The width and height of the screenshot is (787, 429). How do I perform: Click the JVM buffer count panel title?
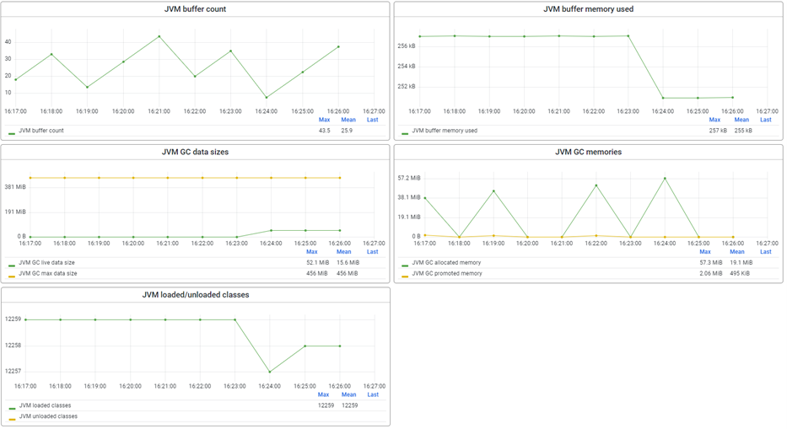195,9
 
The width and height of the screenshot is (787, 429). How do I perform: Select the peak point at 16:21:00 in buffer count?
159,36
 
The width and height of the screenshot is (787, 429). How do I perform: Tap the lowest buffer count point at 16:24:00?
267,98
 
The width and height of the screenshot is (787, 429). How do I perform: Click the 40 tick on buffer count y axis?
8,41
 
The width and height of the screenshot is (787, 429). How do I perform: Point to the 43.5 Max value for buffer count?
324,131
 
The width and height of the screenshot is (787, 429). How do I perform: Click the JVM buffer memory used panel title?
588,9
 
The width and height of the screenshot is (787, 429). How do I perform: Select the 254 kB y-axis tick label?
407,66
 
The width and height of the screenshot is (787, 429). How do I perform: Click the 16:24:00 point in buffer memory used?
663,98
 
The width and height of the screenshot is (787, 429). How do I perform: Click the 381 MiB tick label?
14,187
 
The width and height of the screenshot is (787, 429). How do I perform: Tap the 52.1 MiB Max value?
317,263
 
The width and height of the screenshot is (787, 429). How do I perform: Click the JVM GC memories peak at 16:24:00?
665,179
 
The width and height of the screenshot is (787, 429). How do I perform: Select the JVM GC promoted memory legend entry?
447,273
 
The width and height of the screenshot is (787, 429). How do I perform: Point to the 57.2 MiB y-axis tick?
409,178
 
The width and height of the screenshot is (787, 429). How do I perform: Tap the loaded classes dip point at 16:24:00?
270,372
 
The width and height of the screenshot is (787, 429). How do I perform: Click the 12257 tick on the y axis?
13,371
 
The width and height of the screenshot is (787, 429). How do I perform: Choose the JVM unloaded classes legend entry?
48,416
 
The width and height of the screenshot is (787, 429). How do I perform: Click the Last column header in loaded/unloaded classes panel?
373,394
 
